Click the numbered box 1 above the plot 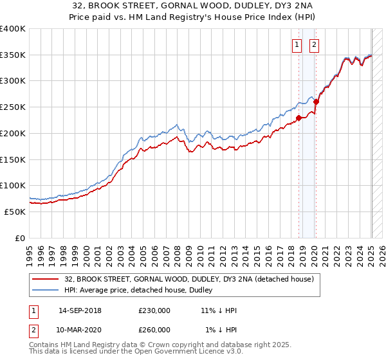[x=297, y=45]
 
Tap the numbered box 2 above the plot [x=315, y=45]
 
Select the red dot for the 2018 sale [x=299, y=118]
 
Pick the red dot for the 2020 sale [x=317, y=102]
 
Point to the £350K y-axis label [x=13, y=55]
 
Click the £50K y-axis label [x=15, y=212]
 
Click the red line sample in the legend [x=45, y=280]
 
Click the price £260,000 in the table [x=154, y=330]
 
